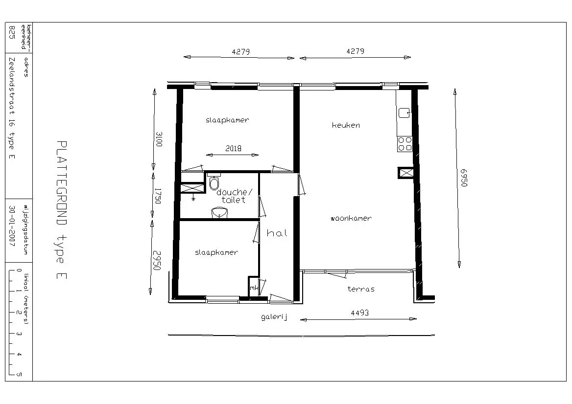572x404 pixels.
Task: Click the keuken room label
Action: click(x=346, y=125)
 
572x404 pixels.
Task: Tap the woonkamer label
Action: click(x=351, y=219)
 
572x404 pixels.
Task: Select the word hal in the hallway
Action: click(x=277, y=233)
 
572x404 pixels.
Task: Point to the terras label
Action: click(x=361, y=289)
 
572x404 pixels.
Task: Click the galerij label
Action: click(x=274, y=317)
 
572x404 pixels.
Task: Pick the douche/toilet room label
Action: click(x=234, y=196)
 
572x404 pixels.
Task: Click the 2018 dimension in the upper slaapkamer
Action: click(x=233, y=148)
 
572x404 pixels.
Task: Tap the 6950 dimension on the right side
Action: click(x=463, y=178)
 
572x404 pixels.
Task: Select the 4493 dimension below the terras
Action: click(x=359, y=313)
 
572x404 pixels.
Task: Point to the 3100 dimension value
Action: click(x=159, y=139)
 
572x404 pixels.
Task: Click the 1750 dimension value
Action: click(x=158, y=196)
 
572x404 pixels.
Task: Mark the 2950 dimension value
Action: click(x=157, y=260)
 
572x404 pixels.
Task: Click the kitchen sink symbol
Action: click(x=404, y=113)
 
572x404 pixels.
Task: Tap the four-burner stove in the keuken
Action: click(x=405, y=144)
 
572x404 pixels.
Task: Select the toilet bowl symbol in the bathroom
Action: click(x=214, y=183)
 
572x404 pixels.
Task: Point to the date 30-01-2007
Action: click(x=12, y=226)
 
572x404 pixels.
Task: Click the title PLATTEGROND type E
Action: click(x=62, y=210)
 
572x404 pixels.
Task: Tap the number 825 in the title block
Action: click(x=12, y=33)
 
